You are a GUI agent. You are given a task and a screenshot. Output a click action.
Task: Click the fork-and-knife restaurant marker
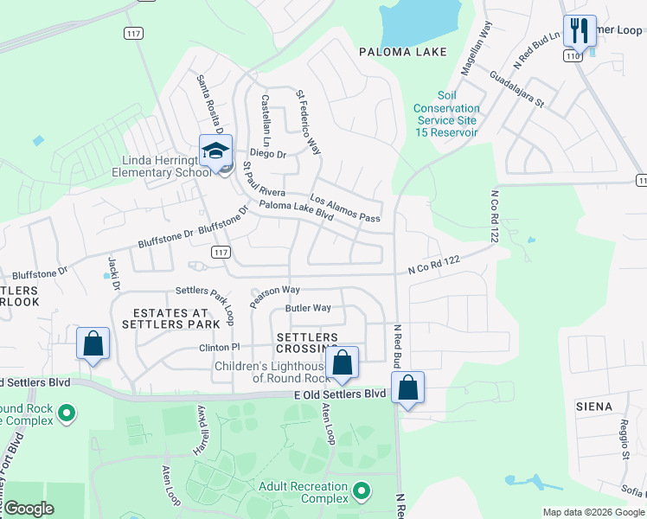[579, 32]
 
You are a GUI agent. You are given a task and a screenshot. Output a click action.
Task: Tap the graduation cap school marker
[215, 151]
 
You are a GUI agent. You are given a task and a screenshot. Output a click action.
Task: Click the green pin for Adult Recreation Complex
[362, 492]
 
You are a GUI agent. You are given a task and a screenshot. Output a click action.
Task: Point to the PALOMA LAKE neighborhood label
[404, 52]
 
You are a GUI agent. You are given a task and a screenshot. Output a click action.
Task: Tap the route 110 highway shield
[573, 54]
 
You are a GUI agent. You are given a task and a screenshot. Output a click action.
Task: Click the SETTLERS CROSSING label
[306, 343]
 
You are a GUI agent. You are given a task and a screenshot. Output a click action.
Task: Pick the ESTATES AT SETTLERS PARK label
[170, 318]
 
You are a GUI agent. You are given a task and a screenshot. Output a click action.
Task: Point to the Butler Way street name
[308, 308]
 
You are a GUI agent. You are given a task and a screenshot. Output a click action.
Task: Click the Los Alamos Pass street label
[345, 205]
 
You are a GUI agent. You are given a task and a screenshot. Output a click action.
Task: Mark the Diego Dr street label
[268, 154]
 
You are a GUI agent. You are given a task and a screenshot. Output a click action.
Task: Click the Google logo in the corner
[29, 509]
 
